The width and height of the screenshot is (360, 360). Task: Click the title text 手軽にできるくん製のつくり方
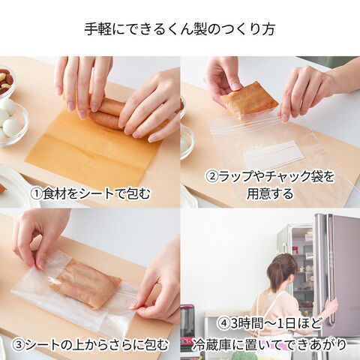point(180,29)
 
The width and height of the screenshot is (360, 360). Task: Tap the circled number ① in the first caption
point(36,193)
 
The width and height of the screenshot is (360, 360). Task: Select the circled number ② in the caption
point(212,176)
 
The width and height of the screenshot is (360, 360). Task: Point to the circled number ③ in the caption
point(20,345)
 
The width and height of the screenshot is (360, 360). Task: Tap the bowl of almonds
point(6,80)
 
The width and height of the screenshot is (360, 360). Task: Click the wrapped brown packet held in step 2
point(249,100)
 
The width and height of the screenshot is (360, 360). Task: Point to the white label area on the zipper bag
point(273,153)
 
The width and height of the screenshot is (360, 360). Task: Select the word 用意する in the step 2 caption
point(270,193)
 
